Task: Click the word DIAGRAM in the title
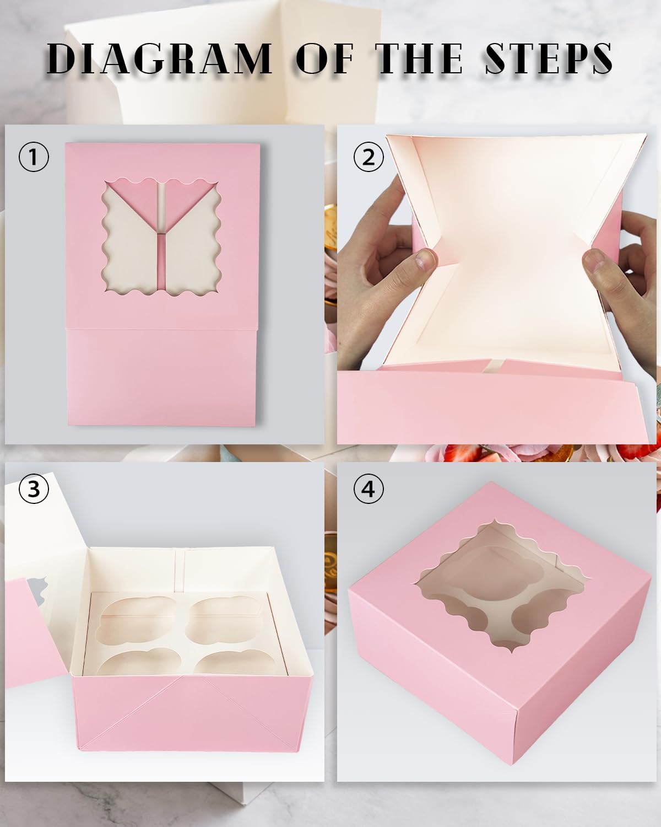(160, 58)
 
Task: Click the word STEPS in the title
(549, 58)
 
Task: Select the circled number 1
(34, 157)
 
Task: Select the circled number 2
(369, 157)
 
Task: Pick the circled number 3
(34, 488)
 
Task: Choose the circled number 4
(369, 488)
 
